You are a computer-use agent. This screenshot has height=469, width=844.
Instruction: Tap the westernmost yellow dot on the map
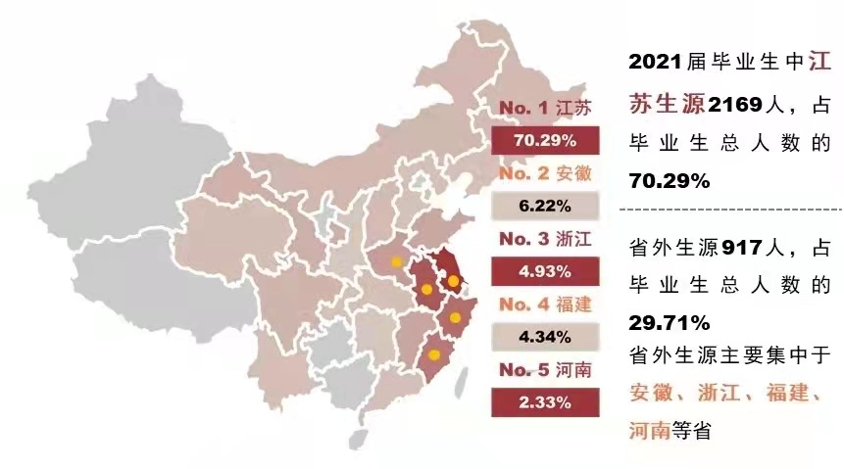point(396,261)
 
